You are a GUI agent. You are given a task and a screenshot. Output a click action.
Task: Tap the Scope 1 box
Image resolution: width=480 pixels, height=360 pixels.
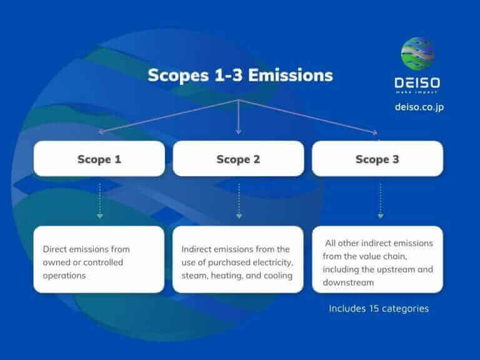tap(99, 159)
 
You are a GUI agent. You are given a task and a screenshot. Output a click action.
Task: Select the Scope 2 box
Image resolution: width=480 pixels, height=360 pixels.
tap(238, 159)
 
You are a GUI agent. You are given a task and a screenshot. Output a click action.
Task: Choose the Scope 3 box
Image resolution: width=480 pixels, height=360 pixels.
tap(377, 159)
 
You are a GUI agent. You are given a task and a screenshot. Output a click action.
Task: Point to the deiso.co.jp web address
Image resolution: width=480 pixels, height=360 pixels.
tap(419, 107)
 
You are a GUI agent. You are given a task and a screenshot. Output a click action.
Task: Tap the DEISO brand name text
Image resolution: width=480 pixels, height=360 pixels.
tap(417, 82)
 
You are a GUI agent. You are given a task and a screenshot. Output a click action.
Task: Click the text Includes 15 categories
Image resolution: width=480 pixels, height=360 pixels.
tap(379, 308)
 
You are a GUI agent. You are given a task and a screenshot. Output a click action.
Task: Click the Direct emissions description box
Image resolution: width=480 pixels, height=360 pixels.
tap(99, 259)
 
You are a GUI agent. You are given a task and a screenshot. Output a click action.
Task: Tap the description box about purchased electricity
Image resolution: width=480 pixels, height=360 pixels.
tap(238, 259)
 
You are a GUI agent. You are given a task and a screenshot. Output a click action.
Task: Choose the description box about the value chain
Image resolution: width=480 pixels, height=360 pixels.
tap(377, 259)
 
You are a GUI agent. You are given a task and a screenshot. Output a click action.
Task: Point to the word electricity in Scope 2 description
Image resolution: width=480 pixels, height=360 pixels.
tap(266, 262)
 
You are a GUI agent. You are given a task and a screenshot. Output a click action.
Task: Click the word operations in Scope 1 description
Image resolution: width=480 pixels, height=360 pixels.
tap(64, 275)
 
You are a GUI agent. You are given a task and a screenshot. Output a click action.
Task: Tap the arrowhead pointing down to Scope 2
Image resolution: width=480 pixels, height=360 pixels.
tap(238, 131)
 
